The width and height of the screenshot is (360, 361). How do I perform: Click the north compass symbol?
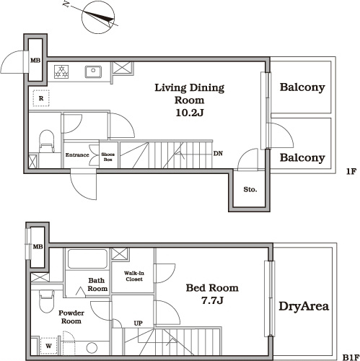tap(98, 17)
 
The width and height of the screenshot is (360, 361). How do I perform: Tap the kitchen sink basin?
tap(93, 71)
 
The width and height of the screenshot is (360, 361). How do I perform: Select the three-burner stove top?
tap(61, 71)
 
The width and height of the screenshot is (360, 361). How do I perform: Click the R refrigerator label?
tap(41, 98)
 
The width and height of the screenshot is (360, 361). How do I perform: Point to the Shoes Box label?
tap(107, 157)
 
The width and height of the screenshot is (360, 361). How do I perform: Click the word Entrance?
tap(77, 155)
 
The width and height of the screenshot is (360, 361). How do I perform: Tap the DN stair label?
tap(218, 153)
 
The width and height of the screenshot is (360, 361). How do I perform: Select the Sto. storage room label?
tap(250, 189)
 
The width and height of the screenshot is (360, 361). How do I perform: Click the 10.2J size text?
tap(190, 113)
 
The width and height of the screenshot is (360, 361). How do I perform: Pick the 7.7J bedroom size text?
tap(212, 300)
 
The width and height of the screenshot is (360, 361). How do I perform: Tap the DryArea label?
tap(304, 306)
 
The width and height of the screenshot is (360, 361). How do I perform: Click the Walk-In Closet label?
tap(134, 276)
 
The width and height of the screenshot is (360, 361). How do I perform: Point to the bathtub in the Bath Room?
tap(87, 258)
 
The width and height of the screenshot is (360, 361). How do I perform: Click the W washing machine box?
tap(48, 346)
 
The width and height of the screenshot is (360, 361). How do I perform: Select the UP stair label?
tap(139, 323)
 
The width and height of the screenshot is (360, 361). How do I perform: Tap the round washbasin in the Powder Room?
tap(92, 348)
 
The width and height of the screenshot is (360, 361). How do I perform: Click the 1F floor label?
tap(351, 171)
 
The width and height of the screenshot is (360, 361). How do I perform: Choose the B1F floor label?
tap(351, 357)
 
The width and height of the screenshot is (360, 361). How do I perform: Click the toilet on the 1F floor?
tap(46, 142)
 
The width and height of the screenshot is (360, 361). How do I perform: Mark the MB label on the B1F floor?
tap(38, 247)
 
